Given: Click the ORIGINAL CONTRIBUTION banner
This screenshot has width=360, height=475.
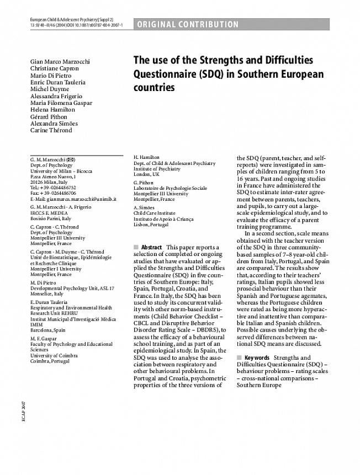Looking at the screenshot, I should pos(187,24).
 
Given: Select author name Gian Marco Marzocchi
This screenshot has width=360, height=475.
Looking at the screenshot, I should pos(60,61).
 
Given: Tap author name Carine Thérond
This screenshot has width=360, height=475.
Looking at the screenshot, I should pos(51,130).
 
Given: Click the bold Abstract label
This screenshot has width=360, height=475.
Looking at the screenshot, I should pos(151,247).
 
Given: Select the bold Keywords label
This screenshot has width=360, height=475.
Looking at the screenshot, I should pos(256,357).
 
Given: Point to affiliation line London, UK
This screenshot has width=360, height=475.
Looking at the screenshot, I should pos(146,174).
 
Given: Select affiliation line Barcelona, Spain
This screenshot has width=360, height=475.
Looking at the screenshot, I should pos(47,330).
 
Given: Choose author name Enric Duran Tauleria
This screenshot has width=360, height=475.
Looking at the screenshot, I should pos(57,82).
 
